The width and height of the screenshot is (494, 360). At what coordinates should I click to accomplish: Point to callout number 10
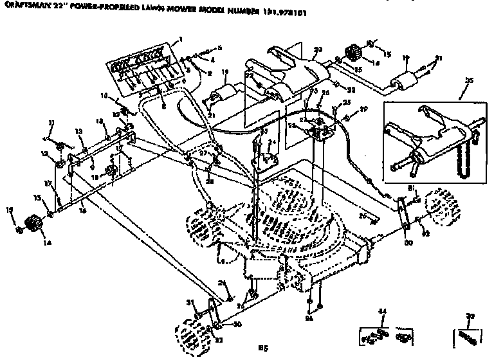(x=104, y=96)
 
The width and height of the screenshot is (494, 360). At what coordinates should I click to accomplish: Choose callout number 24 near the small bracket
(x=271, y=142)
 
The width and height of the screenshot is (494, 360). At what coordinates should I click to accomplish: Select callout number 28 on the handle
(x=210, y=182)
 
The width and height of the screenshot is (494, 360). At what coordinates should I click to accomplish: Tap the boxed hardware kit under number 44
(x=385, y=334)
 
